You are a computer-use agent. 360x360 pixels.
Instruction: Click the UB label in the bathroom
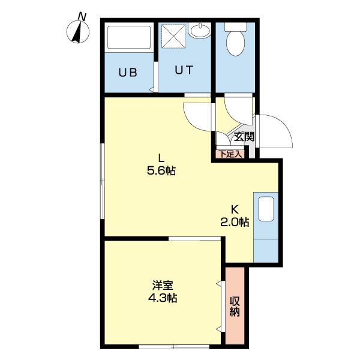[128, 72]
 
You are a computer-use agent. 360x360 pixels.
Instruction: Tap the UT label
[184, 70]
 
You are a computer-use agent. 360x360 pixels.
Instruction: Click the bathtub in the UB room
[129, 37]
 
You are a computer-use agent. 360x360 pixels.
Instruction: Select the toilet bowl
[235, 43]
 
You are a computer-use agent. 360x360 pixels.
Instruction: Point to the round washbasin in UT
[200, 31]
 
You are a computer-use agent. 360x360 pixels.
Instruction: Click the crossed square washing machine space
[173, 36]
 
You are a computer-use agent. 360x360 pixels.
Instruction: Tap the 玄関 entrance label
[244, 137]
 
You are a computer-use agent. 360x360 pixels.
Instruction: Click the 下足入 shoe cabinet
[230, 154]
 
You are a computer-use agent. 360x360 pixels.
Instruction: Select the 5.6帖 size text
[161, 171]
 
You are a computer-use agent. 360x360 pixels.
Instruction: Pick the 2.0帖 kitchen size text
[235, 222]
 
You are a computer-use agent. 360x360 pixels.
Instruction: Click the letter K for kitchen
[235, 209]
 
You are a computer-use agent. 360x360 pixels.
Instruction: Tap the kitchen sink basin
[266, 209]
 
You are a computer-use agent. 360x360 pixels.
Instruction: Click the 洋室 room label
[163, 286]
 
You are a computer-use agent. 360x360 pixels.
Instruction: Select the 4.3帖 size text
[163, 298]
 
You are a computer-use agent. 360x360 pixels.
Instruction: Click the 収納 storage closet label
[235, 307]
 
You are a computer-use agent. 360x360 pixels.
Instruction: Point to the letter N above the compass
[82, 17]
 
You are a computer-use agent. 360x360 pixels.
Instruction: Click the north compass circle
[78, 32]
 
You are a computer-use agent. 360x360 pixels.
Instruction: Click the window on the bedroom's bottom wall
[174, 346]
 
